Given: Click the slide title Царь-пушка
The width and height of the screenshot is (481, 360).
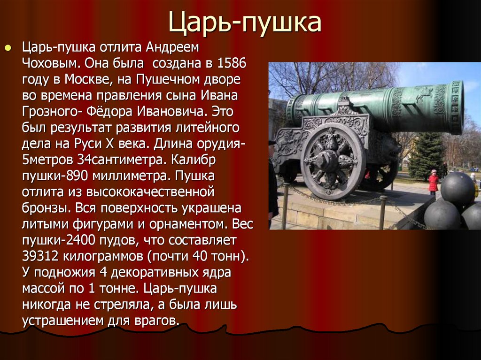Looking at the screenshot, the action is (244, 23).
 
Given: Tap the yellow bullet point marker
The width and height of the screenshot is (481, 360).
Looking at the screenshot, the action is (8, 48).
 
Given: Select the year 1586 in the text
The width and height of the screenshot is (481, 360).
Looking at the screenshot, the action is (232, 63).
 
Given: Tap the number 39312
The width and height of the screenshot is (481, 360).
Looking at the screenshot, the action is (40, 256).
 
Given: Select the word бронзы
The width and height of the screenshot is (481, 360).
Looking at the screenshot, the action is (47, 208).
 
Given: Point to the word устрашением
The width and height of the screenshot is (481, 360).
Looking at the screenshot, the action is (63, 321).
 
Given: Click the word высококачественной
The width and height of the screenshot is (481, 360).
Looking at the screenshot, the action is (150, 192).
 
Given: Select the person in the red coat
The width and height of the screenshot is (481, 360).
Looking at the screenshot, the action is (433, 182).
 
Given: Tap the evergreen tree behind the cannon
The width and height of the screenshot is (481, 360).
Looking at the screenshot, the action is (427, 156).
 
